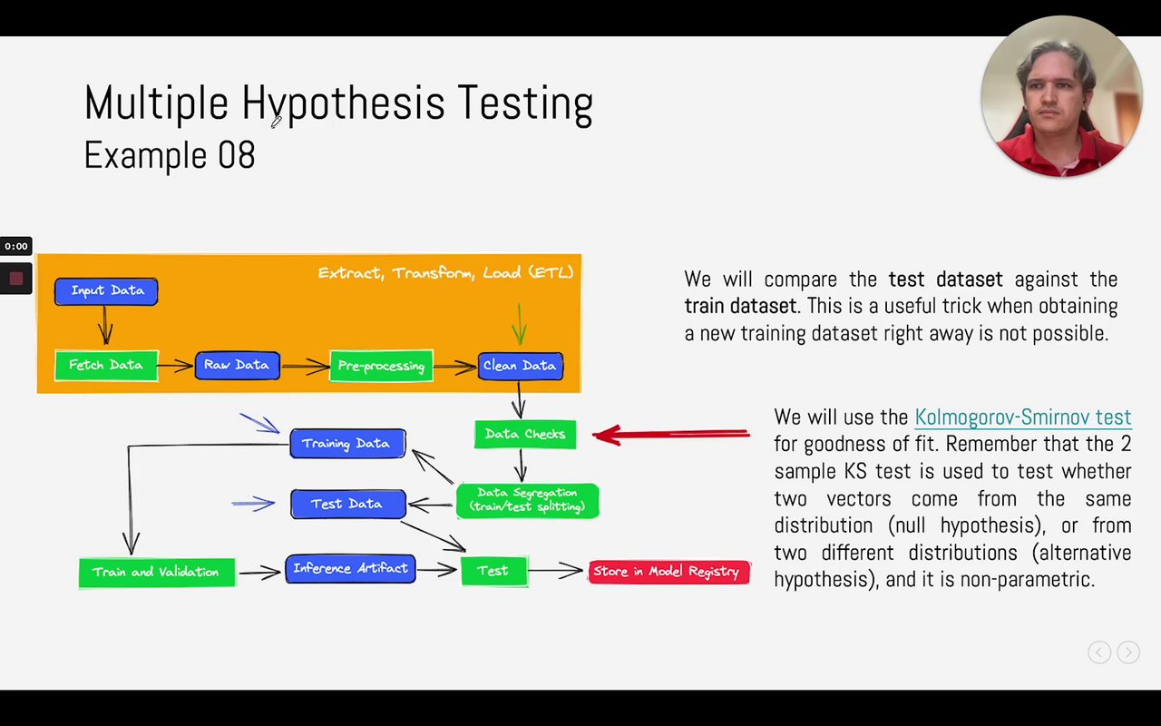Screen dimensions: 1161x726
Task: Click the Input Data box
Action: pyautogui.click(x=106, y=291)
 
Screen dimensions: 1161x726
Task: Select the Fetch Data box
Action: pyautogui.click(x=106, y=366)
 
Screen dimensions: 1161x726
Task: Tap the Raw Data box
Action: pyautogui.click(x=238, y=366)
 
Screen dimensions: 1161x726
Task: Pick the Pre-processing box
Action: pyautogui.click(x=382, y=366)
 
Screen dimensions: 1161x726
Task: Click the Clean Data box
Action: pyautogui.click(x=521, y=366)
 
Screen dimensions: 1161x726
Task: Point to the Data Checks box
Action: pyautogui.click(x=525, y=435)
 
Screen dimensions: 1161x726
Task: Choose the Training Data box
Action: pyautogui.click(x=347, y=444)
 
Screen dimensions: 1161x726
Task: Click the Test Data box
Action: pyautogui.click(x=348, y=504)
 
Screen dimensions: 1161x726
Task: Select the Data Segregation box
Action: pyautogui.click(x=528, y=500)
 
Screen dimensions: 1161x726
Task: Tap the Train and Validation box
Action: pyautogui.click(x=157, y=573)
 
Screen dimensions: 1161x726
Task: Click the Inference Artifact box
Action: pyautogui.click(x=350, y=569)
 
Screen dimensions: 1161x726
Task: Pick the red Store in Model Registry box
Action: pyautogui.click(x=669, y=572)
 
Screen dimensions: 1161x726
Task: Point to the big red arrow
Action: pyautogui.click(x=671, y=435)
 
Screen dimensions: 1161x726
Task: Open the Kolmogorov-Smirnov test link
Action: pyautogui.click(x=1023, y=417)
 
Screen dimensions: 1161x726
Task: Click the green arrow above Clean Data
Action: pyautogui.click(x=519, y=324)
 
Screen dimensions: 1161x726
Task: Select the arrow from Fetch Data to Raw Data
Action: pyautogui.click(x=175, y=366)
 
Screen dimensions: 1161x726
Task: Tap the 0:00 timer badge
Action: pyautogui.click(x=16, y=246)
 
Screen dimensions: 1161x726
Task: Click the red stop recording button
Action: pyautogui.click(x=16, y=279)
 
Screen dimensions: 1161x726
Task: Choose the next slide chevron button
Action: pyautogui.click(x=1128, y=652)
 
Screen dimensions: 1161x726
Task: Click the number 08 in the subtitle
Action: pyautogui.click(x=237, y=154)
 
